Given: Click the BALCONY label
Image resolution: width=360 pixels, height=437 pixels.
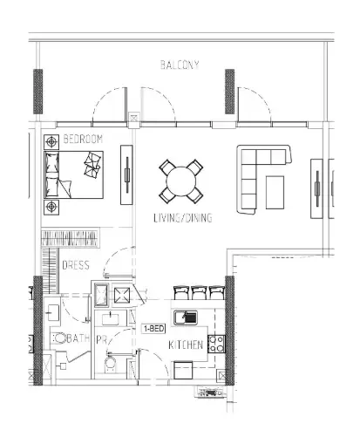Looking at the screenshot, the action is tap(180, 65).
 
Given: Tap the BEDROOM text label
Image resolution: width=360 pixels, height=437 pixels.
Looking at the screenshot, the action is tap(83, 139).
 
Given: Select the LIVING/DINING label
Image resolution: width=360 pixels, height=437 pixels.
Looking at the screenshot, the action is tap(183, 218).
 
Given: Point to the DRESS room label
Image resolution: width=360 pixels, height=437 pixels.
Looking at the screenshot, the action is tap(76, 265).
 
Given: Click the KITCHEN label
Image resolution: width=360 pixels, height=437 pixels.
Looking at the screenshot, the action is tap(186, 345).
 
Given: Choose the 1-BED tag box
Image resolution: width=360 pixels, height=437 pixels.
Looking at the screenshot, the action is tap(153, 329).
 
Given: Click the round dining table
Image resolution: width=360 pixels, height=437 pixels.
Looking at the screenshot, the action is tap(181, 181).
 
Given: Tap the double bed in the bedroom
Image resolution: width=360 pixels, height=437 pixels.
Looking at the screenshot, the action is tap(73, 174).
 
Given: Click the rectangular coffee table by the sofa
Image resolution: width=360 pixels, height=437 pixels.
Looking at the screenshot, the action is tap(275, 193).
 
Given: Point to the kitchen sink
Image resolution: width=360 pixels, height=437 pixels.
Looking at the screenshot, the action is tap(186, 318).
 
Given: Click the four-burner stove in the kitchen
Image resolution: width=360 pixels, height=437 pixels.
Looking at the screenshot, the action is tap(216, 344).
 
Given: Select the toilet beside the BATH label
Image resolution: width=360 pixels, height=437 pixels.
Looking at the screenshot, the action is tap(60, 338).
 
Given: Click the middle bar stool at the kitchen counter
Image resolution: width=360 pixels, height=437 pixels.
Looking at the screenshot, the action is tap(200, 292).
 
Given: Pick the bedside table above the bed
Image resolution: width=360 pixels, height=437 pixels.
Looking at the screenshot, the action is tap(51, 142).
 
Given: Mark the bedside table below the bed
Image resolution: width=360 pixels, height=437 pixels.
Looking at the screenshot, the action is tap(51, 207).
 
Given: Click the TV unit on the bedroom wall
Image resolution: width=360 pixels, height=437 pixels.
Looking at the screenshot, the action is tap(126, 174).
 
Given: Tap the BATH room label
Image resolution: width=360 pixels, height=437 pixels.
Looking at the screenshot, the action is tap(78, 338).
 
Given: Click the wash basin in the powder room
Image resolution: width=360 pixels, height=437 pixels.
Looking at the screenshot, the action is tap(111, 318).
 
